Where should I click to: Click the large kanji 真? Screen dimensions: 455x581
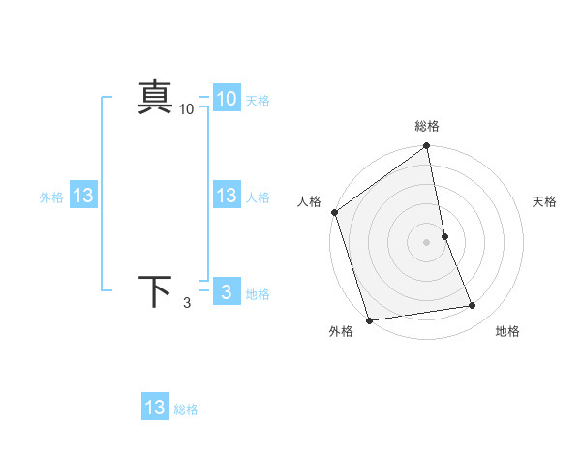coord(155,98)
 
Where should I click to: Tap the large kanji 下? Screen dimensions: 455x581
coord(155,291)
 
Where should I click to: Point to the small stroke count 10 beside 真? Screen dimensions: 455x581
coord(186,109)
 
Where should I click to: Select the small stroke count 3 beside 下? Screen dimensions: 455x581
coord(186,303)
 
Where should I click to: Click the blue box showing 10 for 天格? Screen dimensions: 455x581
coord(227,98)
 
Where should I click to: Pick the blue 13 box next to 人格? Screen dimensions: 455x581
coord(227,196)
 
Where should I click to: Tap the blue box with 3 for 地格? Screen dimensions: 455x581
coord(227,292)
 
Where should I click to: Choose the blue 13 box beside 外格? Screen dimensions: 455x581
coord(82,196)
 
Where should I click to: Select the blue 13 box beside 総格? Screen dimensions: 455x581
coord(155,408)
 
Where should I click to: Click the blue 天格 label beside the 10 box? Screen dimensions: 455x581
coord(258,100)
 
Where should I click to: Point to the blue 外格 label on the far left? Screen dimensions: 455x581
coord(51,197)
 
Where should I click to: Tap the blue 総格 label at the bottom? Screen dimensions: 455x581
coord(186,409)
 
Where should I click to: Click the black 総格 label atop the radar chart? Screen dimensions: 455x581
coord(427,126)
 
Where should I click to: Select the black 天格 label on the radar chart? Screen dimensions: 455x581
coord(545,201)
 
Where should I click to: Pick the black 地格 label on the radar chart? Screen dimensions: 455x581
coord(507,331)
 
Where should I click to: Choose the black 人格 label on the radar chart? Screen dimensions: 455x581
coord(310,201)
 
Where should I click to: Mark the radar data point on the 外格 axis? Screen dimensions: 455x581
coord(369,320)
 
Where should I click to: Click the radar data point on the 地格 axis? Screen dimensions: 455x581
coord(473,306)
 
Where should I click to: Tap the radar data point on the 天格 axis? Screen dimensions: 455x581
coord(444,236)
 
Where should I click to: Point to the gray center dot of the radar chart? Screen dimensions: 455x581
coord(427,241)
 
